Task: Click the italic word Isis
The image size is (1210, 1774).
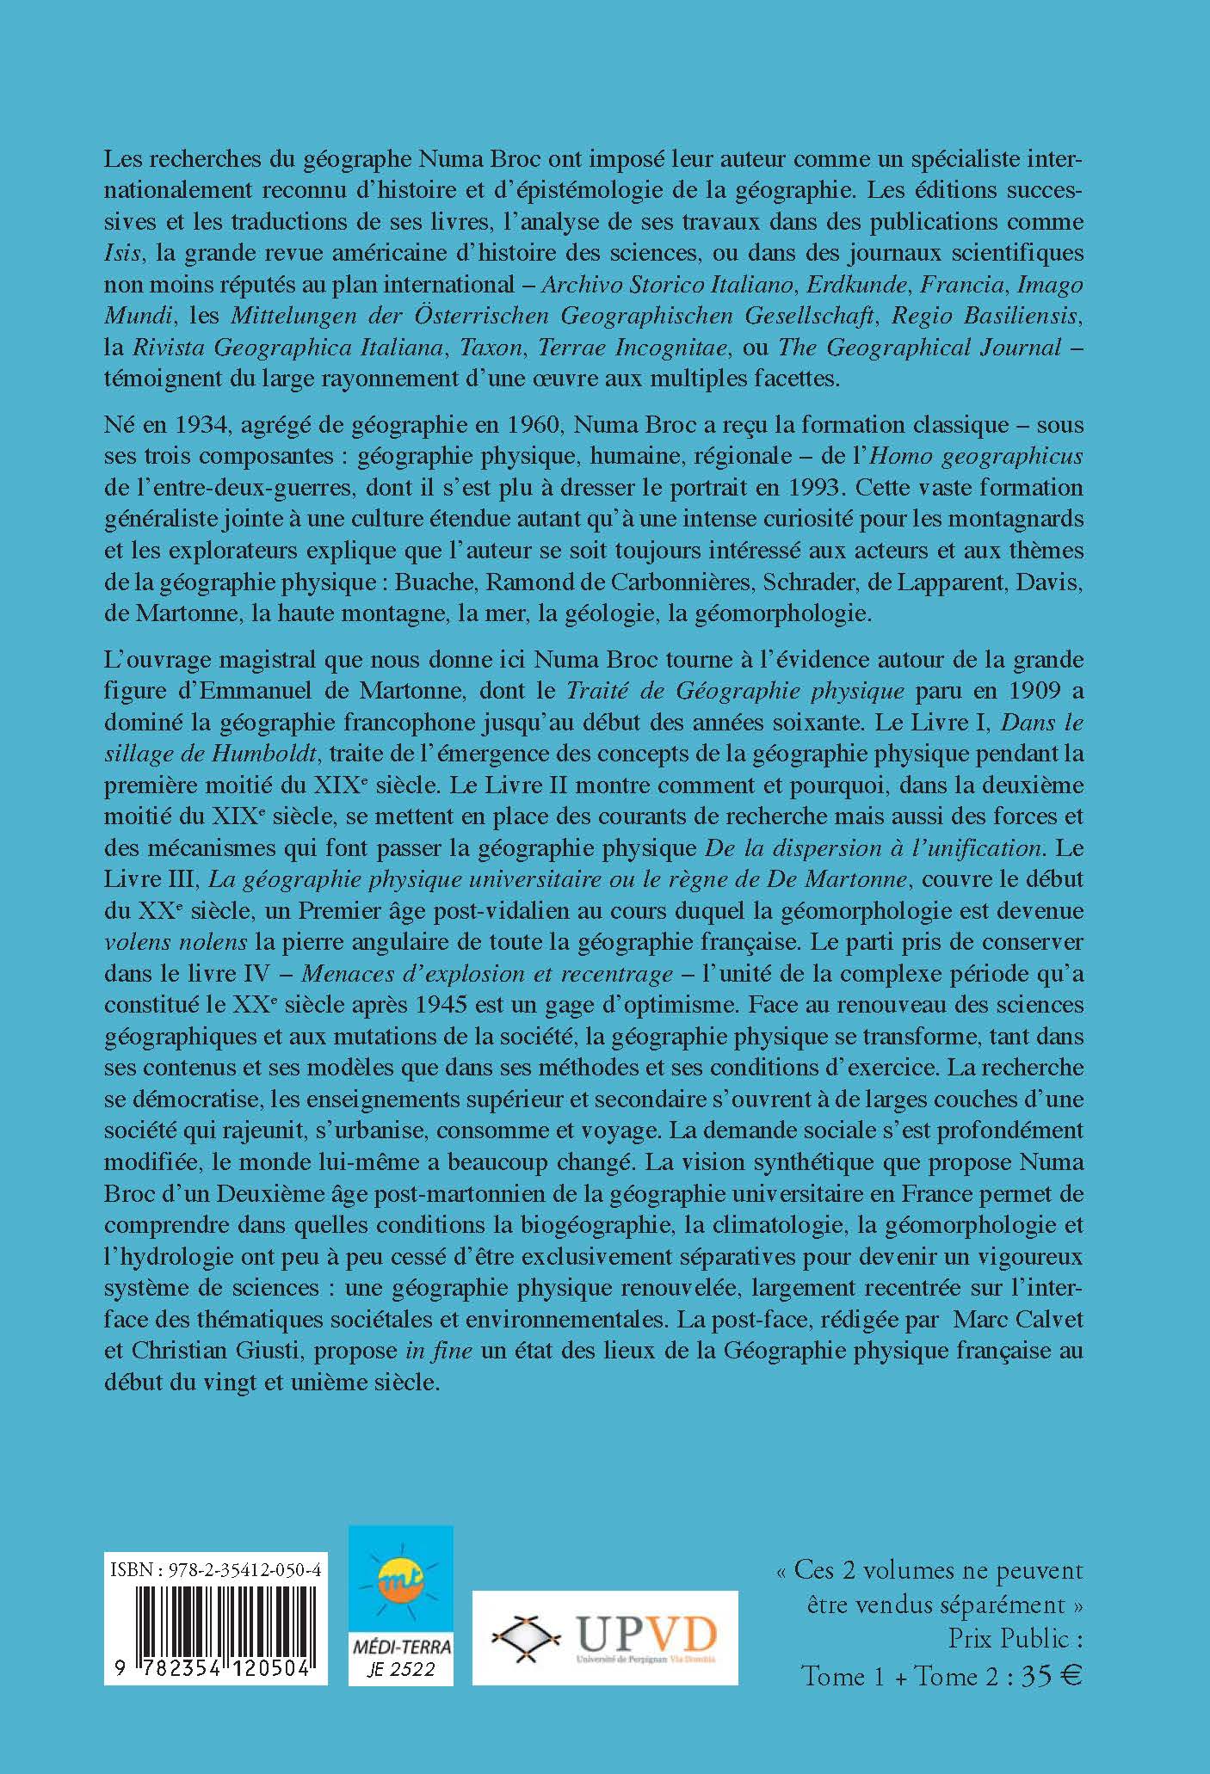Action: tap(122, 253)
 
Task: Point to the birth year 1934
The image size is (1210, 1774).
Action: tap(206, 425)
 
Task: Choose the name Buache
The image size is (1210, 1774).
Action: tap(435, 582)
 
